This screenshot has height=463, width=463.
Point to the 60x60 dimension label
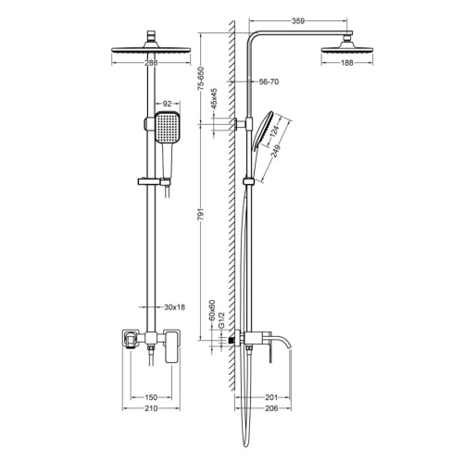click(x=212, y=312)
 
